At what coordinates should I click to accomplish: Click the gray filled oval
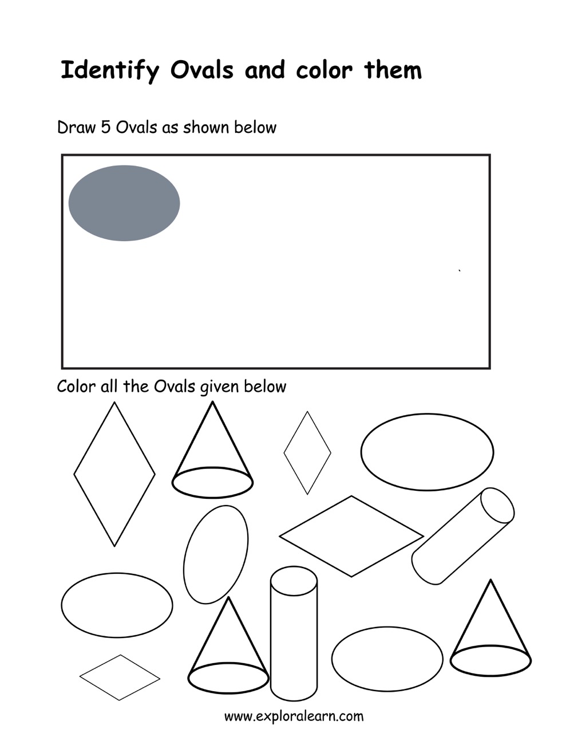(124, 203)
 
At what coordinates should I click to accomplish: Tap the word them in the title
(393, 70)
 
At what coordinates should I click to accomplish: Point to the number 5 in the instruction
(105, 128)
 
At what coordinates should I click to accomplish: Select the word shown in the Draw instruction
(206, 128)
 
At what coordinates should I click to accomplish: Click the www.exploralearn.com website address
(294, 716)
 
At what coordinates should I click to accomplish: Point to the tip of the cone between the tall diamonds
(212, 402)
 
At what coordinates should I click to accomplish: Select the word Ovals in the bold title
(202, 70)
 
